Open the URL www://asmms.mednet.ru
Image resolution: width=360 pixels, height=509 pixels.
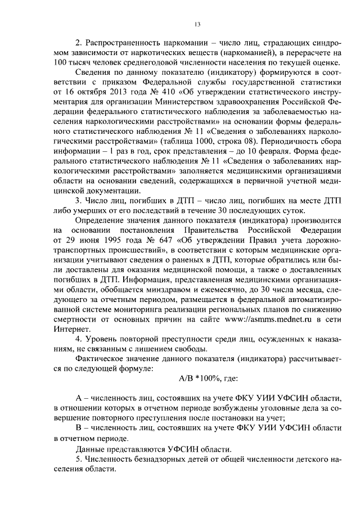pos(276,320)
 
